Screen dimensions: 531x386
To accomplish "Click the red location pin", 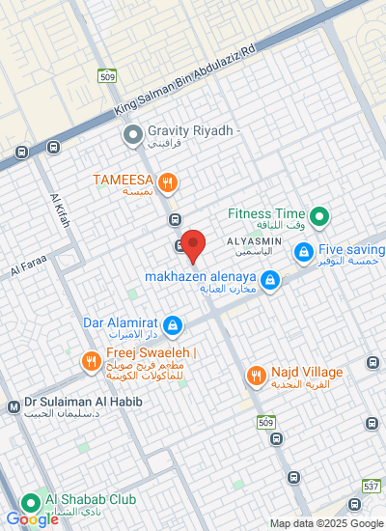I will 194,245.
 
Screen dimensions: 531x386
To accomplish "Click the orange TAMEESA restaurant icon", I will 169,181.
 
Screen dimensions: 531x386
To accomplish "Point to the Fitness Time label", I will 266,213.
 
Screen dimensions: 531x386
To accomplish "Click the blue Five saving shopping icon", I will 303,251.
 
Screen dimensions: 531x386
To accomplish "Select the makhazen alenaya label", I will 200,277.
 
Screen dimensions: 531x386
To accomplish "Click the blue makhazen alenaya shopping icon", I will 270,281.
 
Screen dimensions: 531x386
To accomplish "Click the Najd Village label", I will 307,373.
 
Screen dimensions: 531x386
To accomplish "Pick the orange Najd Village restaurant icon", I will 256,375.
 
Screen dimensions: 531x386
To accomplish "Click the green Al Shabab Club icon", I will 29,500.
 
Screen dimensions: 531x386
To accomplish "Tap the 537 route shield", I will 371,486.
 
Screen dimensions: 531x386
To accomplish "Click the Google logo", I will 32,519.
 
